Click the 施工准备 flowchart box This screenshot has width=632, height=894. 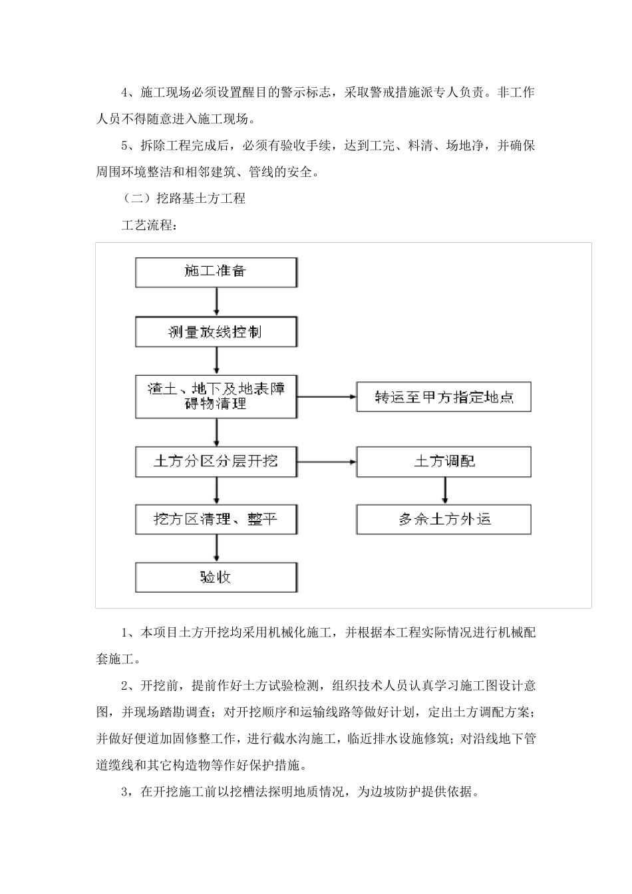(216, 271)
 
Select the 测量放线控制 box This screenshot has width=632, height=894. (216, 331)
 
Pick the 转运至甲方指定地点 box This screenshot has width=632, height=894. (444, 398)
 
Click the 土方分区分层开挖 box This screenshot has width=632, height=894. (216, 461)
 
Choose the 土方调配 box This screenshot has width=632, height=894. (444, 461)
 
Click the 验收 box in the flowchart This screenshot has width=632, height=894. (216, 577)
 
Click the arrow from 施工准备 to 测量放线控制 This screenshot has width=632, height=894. (216, 302)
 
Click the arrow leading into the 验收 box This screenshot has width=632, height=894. (216, 548)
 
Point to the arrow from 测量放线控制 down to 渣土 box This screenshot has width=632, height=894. (216, 361)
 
